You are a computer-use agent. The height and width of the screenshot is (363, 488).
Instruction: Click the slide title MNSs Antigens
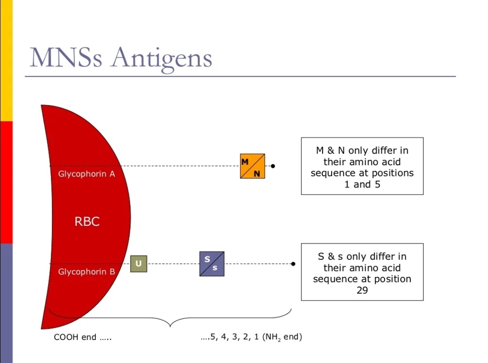point(121,58)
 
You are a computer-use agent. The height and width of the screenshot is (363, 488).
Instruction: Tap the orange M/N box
point(252,166)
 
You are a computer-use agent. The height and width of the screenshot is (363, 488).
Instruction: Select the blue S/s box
point(211,264)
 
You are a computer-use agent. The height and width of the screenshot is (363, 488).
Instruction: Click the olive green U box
point(138,264)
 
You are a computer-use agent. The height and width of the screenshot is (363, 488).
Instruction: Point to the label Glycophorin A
point(86,174)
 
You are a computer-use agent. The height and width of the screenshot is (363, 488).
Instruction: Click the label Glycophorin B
point(86,272)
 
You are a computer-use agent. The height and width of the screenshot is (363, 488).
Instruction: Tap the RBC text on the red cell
point(87,222)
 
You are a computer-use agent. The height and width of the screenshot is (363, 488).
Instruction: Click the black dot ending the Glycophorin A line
point(273,166)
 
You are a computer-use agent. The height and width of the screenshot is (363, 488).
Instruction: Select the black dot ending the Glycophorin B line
point(293,264)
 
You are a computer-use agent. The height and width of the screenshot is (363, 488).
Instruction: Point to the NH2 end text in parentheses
point(282,337)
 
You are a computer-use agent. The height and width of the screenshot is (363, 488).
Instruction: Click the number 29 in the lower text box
point(362,290)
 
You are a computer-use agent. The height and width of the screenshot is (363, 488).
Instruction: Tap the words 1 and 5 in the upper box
point(362,184)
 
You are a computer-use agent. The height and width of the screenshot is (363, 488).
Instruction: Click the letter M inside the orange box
point(245,162)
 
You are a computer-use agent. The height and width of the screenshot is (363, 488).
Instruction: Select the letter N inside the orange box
point(257,173)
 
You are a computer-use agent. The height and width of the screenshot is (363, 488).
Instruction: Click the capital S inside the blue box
point(207,259)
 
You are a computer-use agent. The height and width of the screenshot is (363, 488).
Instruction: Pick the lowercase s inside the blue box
point(215,268)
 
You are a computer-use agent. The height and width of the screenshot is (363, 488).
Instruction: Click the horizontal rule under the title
point(239,76)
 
